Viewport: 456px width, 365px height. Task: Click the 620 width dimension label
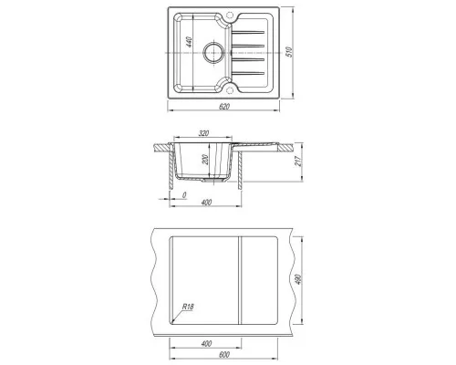(x=223, y=107)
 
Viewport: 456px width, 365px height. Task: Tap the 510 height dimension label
(x=289, y=52)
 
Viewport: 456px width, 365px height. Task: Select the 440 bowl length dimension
(x=189, y=42)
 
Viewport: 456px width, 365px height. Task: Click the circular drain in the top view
(x=213, y=52)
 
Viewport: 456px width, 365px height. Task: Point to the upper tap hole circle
(x=230, y=15)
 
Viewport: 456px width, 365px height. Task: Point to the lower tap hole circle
(x=230, y=90)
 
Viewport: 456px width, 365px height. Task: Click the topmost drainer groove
(x=248, y=32)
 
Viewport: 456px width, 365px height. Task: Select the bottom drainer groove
(x=248, y=73)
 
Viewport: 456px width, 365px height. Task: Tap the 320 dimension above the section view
(x=203, y=133)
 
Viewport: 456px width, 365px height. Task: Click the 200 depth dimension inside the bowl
(x=206, y=160)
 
